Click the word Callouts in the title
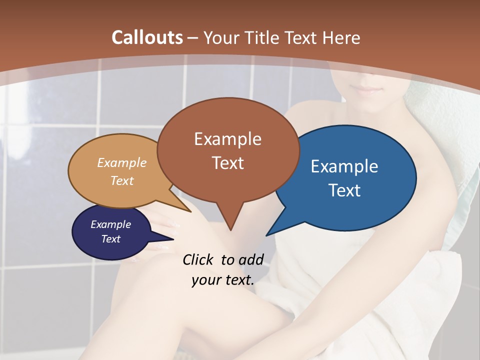tap(147, 37)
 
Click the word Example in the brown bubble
tap(227, 139)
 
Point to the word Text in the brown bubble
tap(228, 163)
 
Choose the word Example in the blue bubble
tap(344, 166)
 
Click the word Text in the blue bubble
tap(344, 190)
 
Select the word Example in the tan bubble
tap(122, 163)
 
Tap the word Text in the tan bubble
tap(122, 180)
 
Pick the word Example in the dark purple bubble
tap(111, 224)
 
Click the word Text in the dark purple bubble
tap(111, 239)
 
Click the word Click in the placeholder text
tap(199, 259)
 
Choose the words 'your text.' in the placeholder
tap(223, 279)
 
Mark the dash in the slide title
tap(193, 37)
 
